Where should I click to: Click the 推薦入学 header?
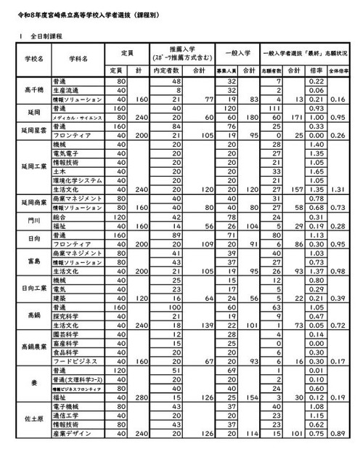coord(174,52)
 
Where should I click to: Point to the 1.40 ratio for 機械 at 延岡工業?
coord(315,145)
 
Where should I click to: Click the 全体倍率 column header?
coord(337,70)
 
